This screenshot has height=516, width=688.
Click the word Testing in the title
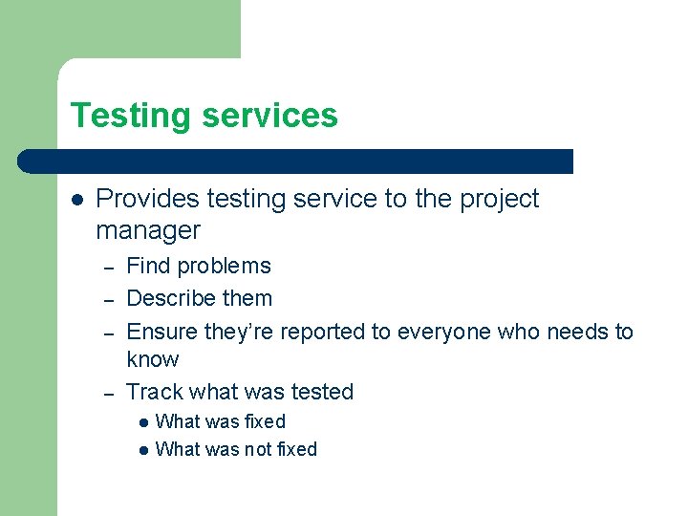tap(131, 116)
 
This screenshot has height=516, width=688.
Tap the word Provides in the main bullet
tap(148, 199)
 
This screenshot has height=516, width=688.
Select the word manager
tap(148, 231)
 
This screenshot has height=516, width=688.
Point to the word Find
tap(147, 266)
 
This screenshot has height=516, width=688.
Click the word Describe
tap(171, 298)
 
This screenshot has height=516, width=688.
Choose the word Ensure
tap(162, 332)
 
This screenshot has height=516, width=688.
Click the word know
tap(152, 359)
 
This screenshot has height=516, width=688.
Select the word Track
tap(155, 392)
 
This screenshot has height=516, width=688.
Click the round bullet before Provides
tap(77, 200)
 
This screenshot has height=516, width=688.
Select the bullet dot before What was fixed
tap(142, 422)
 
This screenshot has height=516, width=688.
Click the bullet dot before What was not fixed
tap(142, 450)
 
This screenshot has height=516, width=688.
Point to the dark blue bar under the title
tap(296, 161)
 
